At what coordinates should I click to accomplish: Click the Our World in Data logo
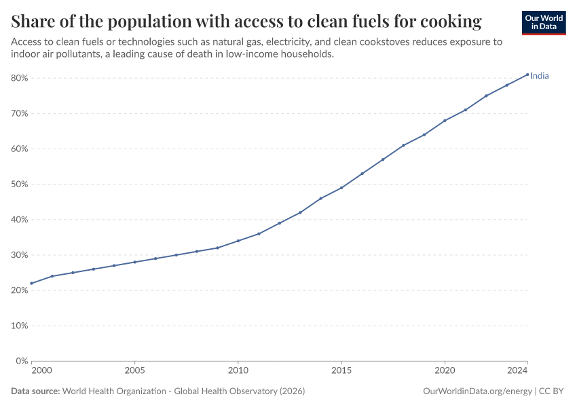(544, 23)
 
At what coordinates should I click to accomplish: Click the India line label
(540, 76)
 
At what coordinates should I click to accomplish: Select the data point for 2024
(527, 75)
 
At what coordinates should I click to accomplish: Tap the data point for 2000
(32, 284)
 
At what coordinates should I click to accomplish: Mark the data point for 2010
(238, 241)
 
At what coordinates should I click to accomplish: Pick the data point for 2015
(341, 188)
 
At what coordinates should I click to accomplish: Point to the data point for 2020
(445, 121)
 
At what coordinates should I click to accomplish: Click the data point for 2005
(134, 262)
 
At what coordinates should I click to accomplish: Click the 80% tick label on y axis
(20, 78)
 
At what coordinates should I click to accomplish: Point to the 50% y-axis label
(20, 185)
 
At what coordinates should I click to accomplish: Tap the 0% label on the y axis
(22, 361)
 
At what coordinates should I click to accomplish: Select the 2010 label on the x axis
(238, 370)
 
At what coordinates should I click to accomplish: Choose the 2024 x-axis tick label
(517, 370)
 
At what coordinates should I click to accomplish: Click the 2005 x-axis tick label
(134, 370)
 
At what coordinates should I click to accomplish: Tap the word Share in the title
(33, 21)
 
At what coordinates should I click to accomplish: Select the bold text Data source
(35, 391)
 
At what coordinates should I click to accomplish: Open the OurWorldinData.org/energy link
(477, 391)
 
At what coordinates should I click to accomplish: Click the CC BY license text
(551, 391)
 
